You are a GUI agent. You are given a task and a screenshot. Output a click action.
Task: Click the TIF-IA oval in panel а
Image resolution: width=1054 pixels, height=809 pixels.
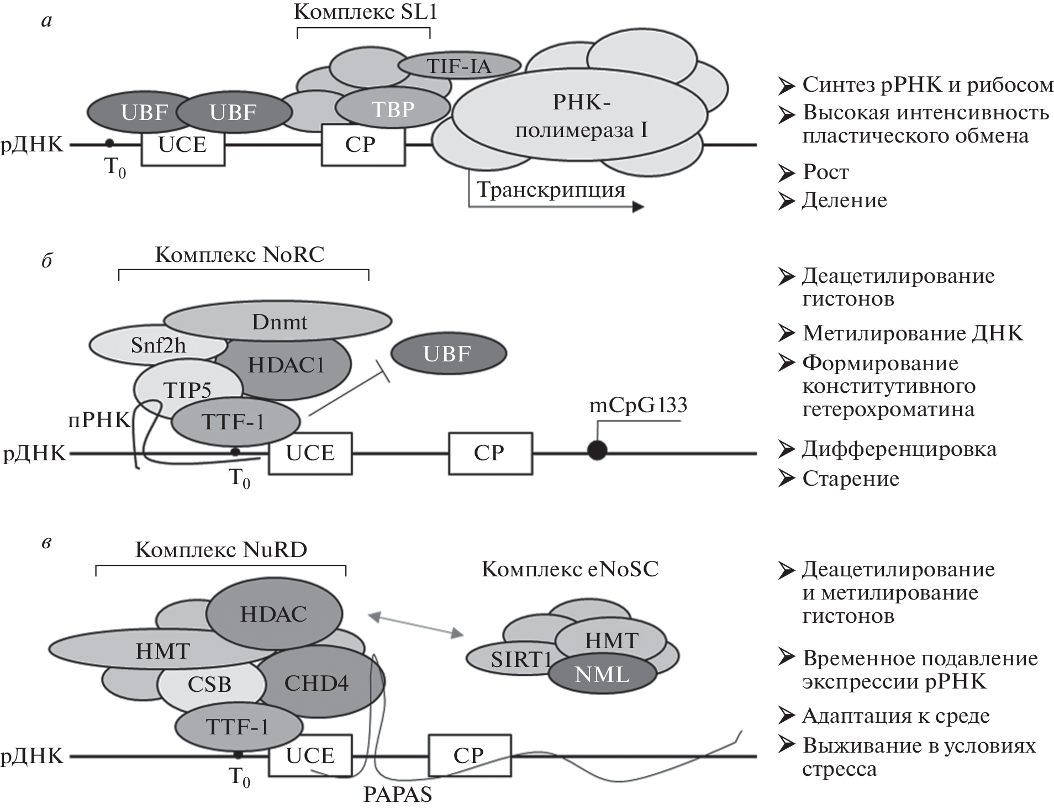click(x=459, y=66)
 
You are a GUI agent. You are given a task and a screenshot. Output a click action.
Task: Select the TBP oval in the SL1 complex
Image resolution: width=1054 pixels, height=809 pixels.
click(x=393, y=109)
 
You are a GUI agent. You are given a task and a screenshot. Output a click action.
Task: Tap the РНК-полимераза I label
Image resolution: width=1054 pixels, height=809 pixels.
click(x=581, y=116)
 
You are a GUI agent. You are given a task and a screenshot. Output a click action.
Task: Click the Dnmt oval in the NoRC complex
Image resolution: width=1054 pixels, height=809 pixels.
click(x=278, y=322)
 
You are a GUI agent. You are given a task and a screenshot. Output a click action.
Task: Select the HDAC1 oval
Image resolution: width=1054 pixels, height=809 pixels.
click(x=286, y=365)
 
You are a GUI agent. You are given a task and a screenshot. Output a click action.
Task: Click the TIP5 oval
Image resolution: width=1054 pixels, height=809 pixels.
click(x=187, y=390)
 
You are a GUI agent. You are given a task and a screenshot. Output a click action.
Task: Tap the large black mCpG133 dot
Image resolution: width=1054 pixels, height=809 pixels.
click(x=597, y=450)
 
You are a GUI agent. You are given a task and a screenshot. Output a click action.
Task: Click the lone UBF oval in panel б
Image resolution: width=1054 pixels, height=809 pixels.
click(x=448, y=354)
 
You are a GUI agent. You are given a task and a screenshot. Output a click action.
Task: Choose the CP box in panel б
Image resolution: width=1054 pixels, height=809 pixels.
click(x=490, y=453)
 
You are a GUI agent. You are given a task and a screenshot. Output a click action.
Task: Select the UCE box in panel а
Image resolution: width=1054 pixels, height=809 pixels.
click(x=183, y=145)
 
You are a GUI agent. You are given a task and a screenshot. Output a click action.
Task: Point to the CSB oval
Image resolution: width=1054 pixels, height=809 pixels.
click(x=209, y=685)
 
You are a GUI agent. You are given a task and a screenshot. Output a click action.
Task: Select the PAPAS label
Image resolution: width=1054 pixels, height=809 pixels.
click(x=397, y=795)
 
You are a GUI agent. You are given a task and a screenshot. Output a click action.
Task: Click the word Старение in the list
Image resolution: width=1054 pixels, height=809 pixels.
click(x=851, y=479)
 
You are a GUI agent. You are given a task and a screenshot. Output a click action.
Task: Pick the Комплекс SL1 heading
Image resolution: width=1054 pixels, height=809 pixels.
click(x=365, y=12)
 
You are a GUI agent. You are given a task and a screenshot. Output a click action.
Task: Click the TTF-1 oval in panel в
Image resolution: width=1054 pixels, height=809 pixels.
click(x=238, y=726)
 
